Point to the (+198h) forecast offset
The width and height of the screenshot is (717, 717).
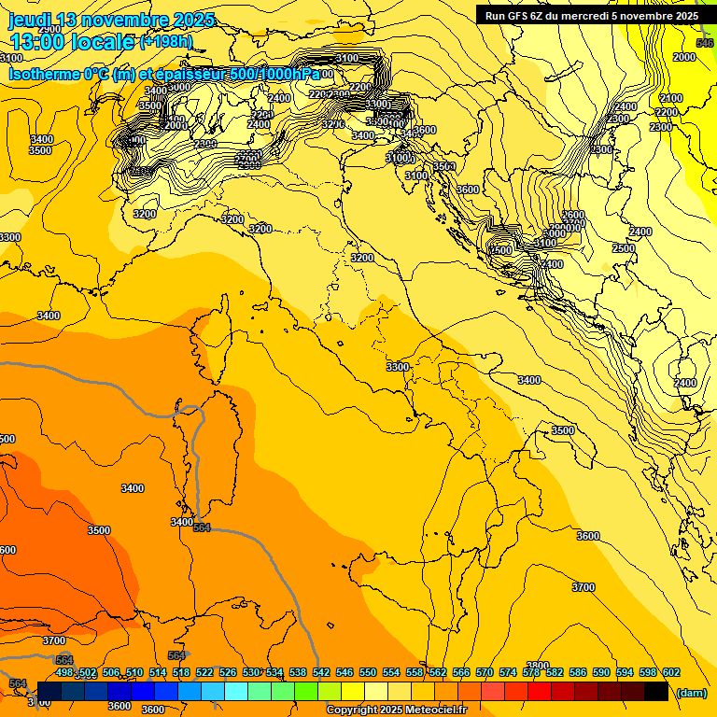point(165,42)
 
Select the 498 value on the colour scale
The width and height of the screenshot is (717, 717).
point(64,672)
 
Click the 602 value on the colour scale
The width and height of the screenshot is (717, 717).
point(671,672)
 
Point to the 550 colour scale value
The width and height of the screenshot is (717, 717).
point(368,672)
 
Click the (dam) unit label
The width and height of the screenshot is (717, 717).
point(691,693)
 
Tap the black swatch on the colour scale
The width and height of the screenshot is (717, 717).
point(656,691)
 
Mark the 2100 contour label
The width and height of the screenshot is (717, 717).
point(670,98)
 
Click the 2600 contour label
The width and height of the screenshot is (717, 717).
point(573,216)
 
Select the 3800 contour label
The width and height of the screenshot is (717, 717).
point(538,666)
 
